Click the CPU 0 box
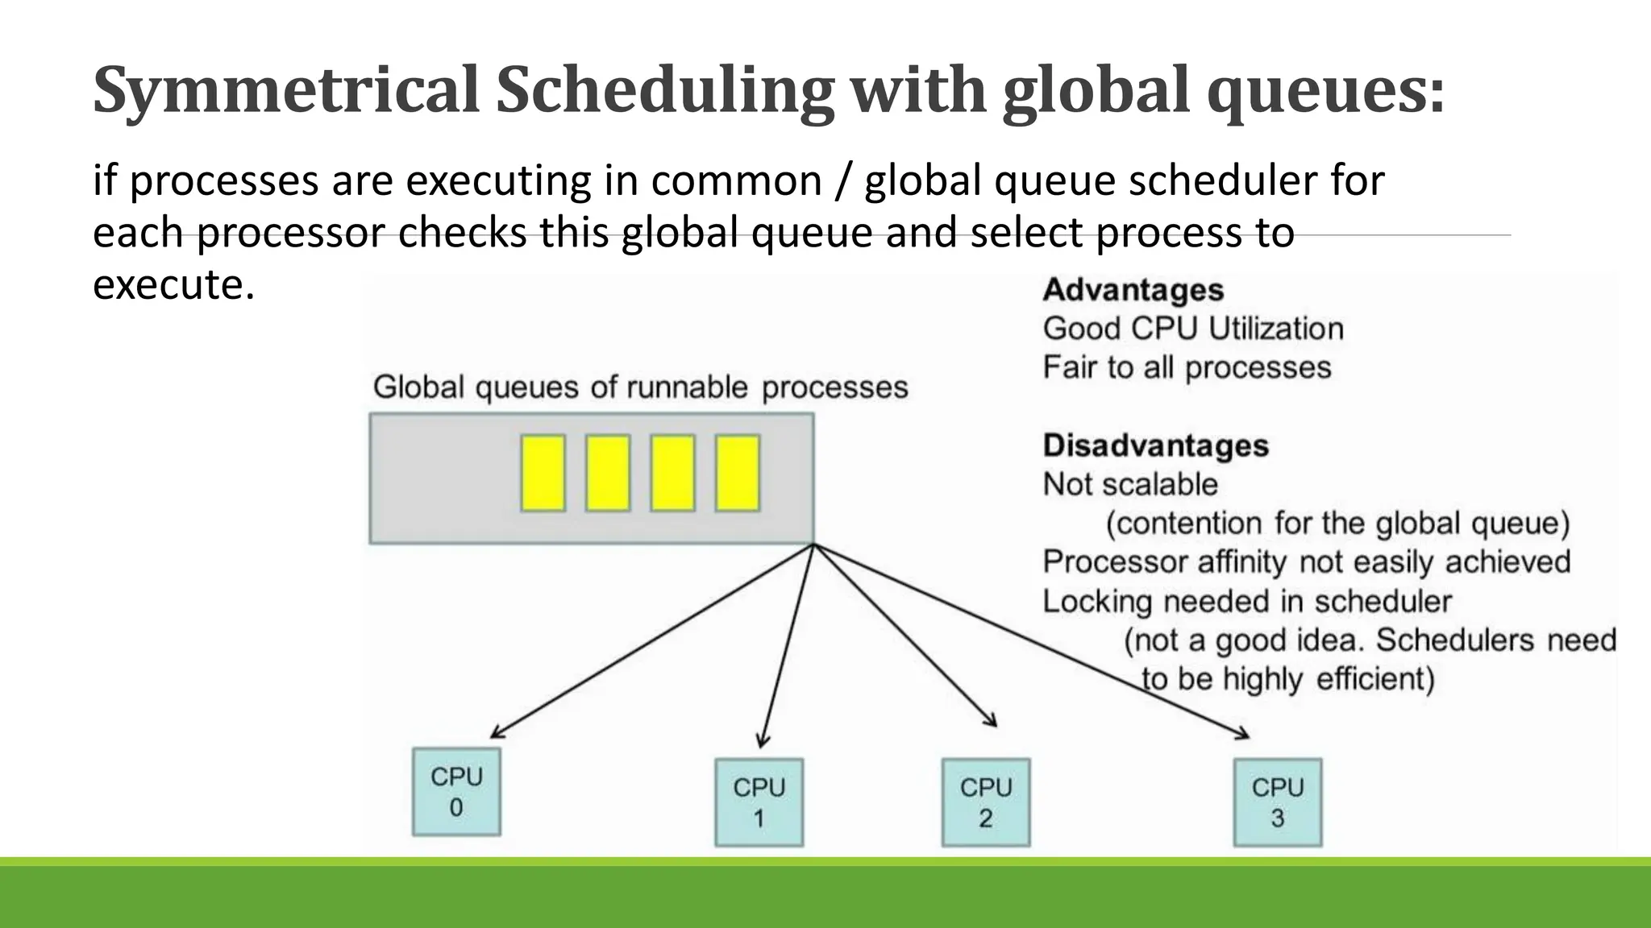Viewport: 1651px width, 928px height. (456, 792)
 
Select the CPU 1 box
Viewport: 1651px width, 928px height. (759, 802)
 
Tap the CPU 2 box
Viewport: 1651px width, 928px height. (986, 802)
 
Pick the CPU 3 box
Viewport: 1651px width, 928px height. (1278, 802)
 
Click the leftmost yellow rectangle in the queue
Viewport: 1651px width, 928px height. (543, 473)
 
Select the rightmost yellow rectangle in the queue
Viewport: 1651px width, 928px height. (737, 473)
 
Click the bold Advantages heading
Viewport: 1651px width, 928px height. (1133, 290)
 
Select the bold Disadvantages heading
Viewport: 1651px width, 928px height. (1155, 445)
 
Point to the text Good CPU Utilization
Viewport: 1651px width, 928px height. (1192, 329)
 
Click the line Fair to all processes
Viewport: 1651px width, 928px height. (1186, 367)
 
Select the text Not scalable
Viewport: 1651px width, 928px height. (1129, 484)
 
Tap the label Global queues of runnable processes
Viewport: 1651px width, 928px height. (640, 387)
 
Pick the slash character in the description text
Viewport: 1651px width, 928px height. (842, 180)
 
